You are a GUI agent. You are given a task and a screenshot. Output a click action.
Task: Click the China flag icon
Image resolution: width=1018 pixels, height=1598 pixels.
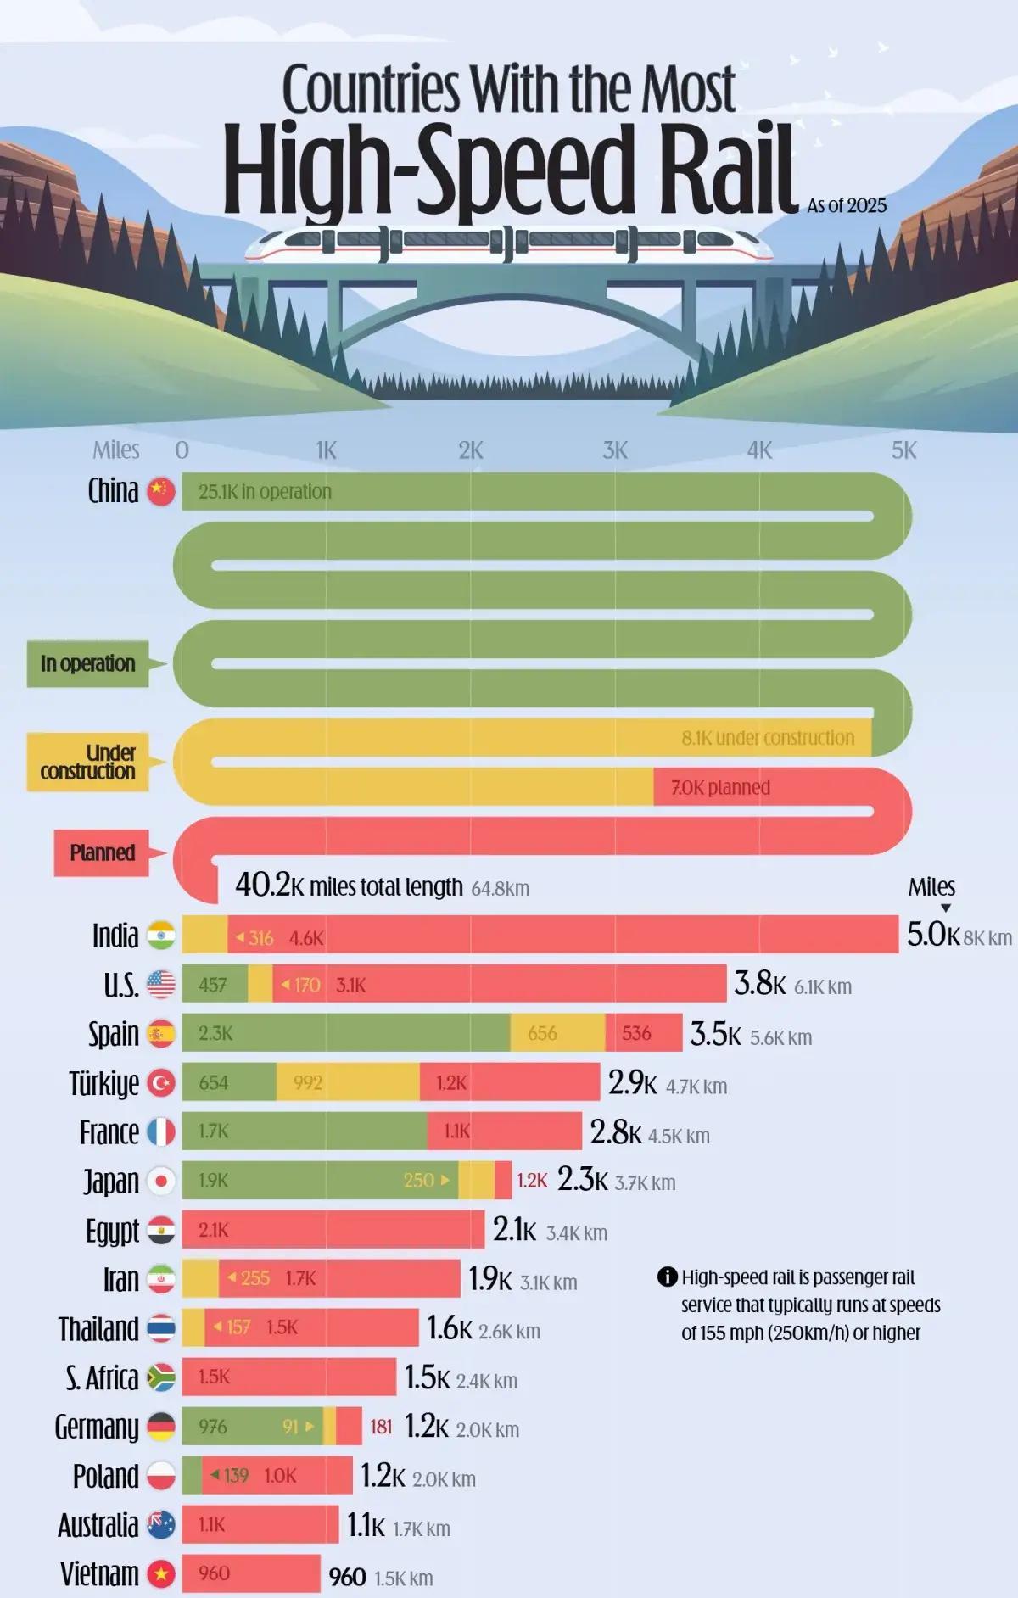pyautogui.click(x=160, y=491)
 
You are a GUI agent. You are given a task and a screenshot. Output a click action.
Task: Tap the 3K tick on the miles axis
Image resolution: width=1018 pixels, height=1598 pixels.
pyautogui.click(x=615, y=450)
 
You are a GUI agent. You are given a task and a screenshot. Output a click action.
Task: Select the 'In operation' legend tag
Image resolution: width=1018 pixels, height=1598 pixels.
pyautogui.click(x=88, y=663)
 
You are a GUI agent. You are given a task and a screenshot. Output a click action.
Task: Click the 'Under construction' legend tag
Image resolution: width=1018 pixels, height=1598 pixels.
pyautogui.click(x=88, y=762)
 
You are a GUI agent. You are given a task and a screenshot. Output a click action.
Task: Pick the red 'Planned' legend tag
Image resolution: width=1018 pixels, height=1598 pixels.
pyautogui.click(x=102, y=852)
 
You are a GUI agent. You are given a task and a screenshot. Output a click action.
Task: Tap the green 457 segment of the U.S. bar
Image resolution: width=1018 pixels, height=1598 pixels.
pyautogui.click(x=214, y=985)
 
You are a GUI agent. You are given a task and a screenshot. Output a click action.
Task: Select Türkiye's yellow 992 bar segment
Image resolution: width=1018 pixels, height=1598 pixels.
pyautogui.click(x=348, y=1082)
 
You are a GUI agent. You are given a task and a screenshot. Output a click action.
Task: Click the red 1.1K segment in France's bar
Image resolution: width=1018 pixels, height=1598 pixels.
pyautogui.click(x=505, y=1131)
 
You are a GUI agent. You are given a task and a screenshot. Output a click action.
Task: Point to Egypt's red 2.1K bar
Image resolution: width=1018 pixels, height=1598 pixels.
pyautogui.click(x=333, y=1230)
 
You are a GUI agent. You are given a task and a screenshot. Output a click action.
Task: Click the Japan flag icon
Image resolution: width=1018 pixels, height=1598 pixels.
pyautogui.click(x=161, y=1181)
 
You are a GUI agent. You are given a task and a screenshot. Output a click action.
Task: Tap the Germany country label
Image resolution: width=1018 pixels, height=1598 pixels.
pyautogui.click(x=96, y=1427)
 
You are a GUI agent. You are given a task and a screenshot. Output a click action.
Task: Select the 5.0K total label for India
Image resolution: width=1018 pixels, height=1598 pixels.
pyautogui.click(x=933, y=935)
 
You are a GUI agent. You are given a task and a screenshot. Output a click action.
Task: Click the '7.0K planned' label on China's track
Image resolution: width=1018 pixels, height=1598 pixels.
pyautogui.click(x=720, y=787)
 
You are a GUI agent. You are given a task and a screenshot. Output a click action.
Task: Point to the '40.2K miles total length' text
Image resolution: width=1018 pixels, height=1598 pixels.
pyautogui.click(x=349, y=886)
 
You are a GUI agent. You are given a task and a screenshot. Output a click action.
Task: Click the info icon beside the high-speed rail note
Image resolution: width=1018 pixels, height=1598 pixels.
pyautogui.click(x=667, y=1277)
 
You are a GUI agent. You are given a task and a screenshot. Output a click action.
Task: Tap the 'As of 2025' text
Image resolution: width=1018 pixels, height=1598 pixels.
pyautogui.click(x=847, y=205)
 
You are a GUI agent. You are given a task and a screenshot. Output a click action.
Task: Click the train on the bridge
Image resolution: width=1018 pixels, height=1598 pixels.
pyautogui.click(x=509, y=243)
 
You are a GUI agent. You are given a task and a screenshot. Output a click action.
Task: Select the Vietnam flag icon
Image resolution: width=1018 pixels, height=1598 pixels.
pyautogui.click(x=160, y=1574)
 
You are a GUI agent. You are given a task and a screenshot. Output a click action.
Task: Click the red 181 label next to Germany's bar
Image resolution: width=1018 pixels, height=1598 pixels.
pyautogui.click(x=381, y=1427)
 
